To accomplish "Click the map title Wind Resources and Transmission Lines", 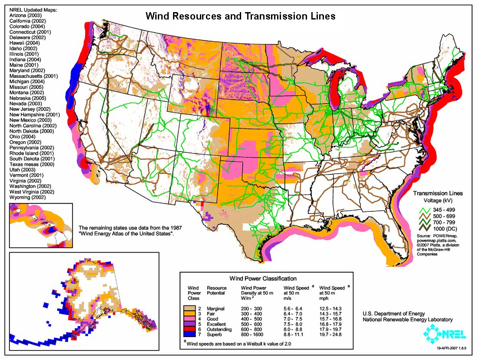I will pos(240,16).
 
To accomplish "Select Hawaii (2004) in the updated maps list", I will pos(24,43).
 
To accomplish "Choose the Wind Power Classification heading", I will pos(266,279).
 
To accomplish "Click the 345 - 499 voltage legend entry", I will pos(435,209).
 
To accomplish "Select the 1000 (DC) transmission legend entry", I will pos(436,228).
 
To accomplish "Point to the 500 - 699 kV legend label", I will pos(435,215).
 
